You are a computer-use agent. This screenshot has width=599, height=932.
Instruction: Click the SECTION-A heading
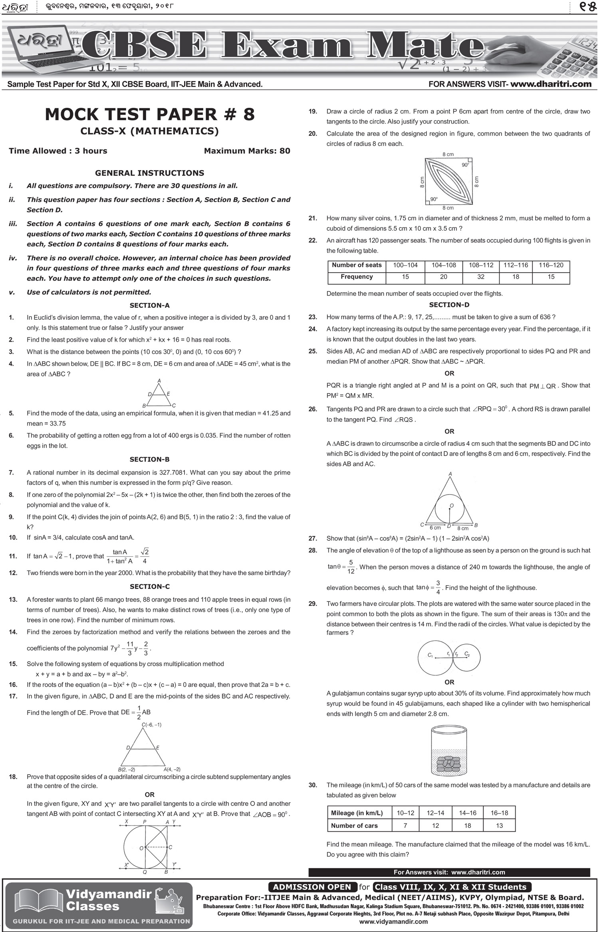pos(149,305)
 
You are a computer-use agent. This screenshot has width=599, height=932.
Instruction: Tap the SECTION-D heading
pos(449,305)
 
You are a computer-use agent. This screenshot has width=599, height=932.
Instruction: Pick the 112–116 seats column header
pos(516,265)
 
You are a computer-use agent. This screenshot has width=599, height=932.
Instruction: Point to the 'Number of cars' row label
pos(354,825)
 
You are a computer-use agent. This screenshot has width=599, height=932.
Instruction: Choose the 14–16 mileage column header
pos(468,813)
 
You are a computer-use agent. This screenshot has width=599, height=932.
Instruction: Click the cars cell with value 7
pos(405,825)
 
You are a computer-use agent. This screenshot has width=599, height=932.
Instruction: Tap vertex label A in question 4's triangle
pos(159,380)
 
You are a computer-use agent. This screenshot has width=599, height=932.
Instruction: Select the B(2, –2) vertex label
pos(127,769)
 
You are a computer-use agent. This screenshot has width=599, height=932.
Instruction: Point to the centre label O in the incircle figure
pos(452,506)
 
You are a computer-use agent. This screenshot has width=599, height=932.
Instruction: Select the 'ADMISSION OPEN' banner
pos(312,887)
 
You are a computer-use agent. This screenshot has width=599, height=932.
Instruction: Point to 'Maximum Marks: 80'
pos(247,151)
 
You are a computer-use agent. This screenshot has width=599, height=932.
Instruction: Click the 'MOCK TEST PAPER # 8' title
pos(149,114)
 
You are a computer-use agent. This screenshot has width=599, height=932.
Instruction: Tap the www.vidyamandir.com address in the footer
pos(393,922)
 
